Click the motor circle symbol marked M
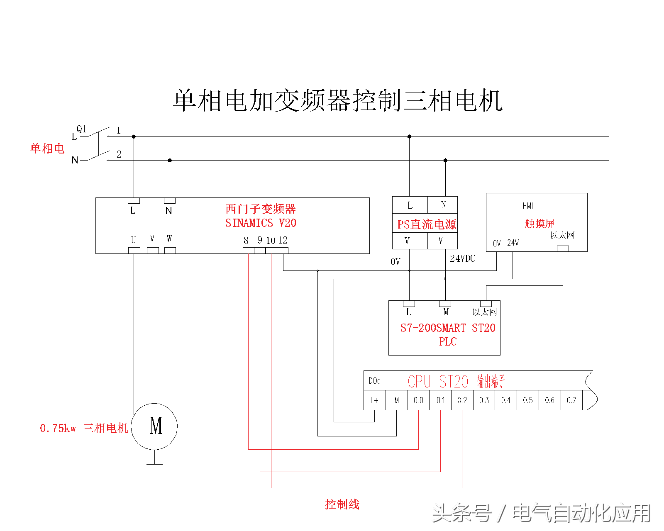tap(154, 426)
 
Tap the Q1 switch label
tap(81, 129)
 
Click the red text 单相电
tap(47, 149)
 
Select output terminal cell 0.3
tap(484, 400)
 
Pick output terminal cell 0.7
tap(571, 400)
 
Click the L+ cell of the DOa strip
tap(374, 400)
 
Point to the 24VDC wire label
tap(462, 258)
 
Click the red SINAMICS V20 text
tap(261, 223)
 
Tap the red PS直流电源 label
tap(426, 224)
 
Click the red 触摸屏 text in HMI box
tap(539, 224)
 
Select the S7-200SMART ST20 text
tap(448, 328)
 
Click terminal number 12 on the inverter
tap(283, 240)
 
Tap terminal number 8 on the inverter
tap(246, 240)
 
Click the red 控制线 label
tap(342, 504)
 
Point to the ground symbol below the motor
tap(154, 463)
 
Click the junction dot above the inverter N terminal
tap(170, 160)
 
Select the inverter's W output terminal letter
tap(169, 239)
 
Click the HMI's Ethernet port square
tap(563, 248)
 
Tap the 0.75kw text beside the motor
tap(58, 428)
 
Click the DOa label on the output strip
tap(374, 381)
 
